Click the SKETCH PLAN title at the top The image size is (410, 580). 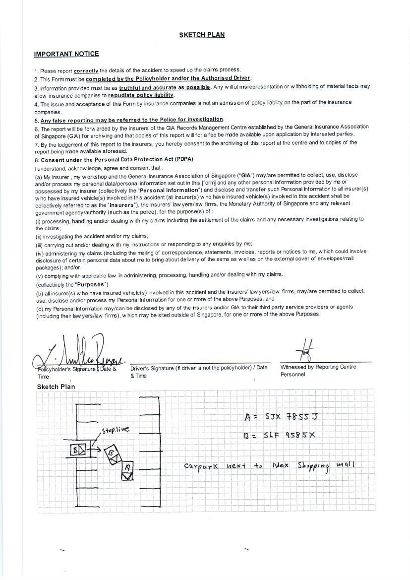click(202, 35)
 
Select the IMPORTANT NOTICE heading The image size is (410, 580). click(66, 54)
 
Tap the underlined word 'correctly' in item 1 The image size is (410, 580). click(86, 70)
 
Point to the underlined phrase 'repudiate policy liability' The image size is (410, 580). click(141, 95)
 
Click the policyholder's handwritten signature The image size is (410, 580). click(79, 354)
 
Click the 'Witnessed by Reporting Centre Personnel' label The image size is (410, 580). click(318, 370)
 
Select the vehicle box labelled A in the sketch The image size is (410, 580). click(128, 470)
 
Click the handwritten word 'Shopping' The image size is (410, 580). click(314, 466)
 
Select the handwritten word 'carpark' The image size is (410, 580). click(201, 466)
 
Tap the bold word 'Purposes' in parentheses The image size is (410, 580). click(91, 285)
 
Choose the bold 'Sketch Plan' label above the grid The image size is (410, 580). click(56, 387)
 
